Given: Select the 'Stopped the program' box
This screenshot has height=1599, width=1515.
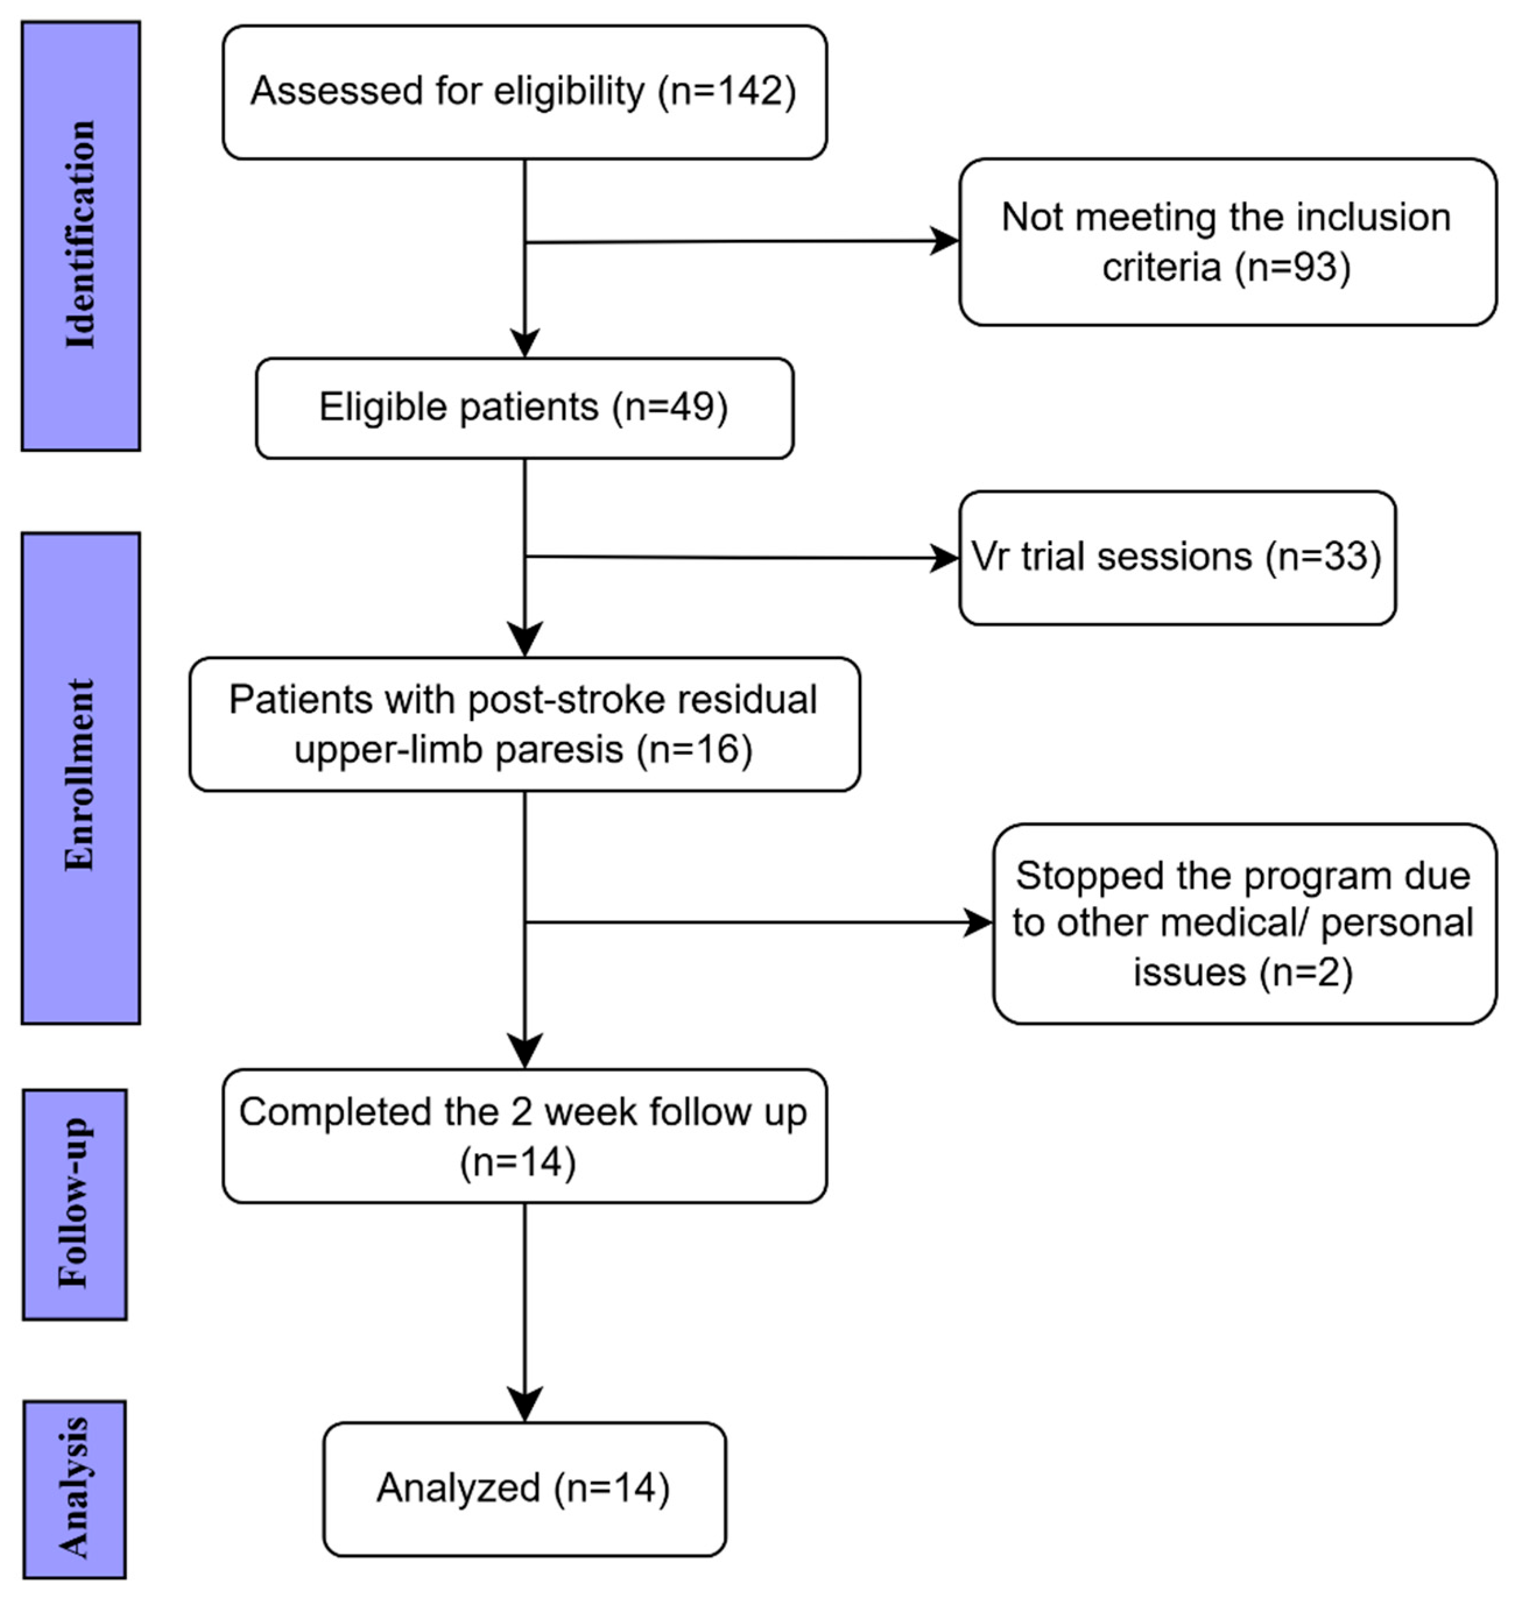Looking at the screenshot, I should coord(1243,924).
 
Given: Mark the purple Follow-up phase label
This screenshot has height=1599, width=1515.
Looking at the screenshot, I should coord(75,1204).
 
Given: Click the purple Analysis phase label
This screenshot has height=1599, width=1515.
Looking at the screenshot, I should coord(75,1488).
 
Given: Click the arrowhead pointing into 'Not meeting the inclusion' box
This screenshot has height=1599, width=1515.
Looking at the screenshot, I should coord(945,240).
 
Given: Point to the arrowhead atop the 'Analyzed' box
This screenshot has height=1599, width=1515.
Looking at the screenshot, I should coord(525,1405).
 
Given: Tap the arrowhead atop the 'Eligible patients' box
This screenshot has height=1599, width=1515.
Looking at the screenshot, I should coord(525,342).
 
